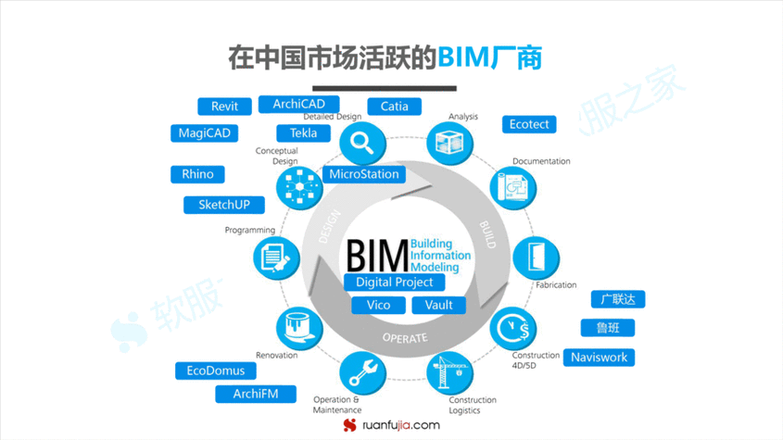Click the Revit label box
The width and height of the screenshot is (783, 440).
[x=225, y=107]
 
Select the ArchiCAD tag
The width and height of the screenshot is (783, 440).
[x=298, y=105]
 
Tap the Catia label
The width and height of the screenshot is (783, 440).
[x=394, y=107]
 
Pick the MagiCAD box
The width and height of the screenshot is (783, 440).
[x=204, y=133]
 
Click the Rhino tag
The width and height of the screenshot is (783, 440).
[x=197, y=174]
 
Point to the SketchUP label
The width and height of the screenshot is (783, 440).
[x=224, y=205]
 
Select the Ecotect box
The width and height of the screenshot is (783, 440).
[x=529, y=124]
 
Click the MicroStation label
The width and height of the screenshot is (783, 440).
[x=364, y=174]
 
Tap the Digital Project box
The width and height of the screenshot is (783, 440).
[x=394, y=282]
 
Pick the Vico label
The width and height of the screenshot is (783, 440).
[x=378, y=305]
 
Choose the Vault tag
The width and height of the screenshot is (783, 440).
[x=439, y=305]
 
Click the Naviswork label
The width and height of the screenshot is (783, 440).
[x=599, y=358]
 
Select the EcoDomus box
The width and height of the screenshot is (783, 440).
[x=216, y=371]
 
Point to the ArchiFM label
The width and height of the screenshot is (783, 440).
[x=256, y=395]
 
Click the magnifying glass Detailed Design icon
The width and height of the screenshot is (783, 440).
[x=361, y=144]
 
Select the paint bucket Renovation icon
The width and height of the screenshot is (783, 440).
[x=298, y=327]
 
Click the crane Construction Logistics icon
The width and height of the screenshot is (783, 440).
[x=448, y=372]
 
